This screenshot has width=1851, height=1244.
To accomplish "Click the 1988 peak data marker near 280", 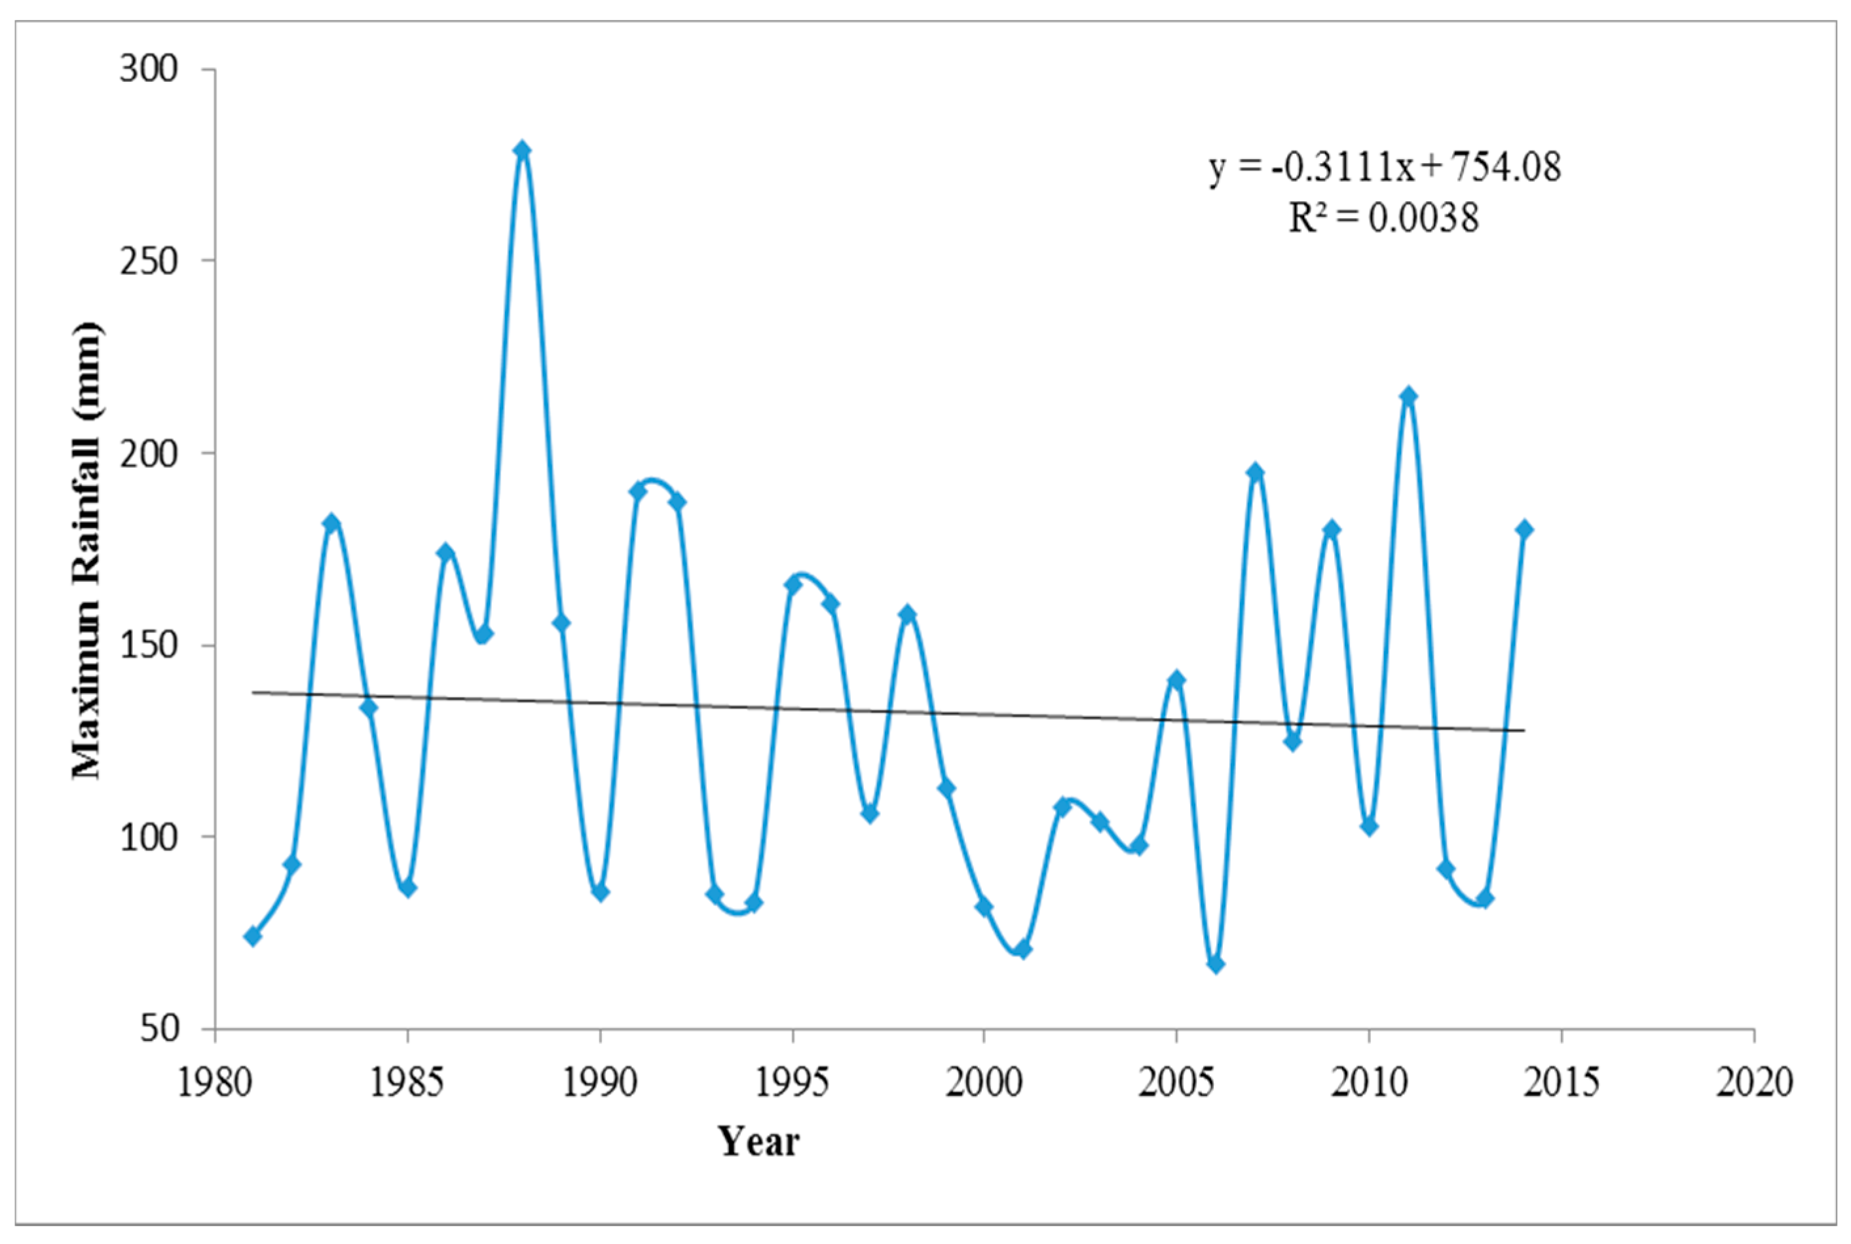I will [x=522, y=150].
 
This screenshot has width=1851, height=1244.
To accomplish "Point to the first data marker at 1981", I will [x=253, y=936].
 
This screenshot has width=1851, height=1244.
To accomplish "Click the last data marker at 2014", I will [x=1524, y=530].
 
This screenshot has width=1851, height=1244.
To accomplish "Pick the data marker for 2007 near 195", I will [x=1254, y=473].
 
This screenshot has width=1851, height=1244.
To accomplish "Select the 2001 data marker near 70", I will [x=1023, y=949].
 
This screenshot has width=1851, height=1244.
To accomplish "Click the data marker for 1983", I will [x=331, y=523].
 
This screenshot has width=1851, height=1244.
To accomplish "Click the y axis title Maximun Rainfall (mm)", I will [x=86, y=551].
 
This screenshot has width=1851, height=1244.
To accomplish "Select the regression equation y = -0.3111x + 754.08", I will [x=1385, y=168].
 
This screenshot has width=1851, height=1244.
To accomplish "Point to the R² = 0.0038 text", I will [x=1383, y=217].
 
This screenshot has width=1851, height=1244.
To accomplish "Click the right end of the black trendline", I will [x=1522, y=730].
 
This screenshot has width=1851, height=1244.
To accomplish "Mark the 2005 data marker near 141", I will [x=1177, y=680].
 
